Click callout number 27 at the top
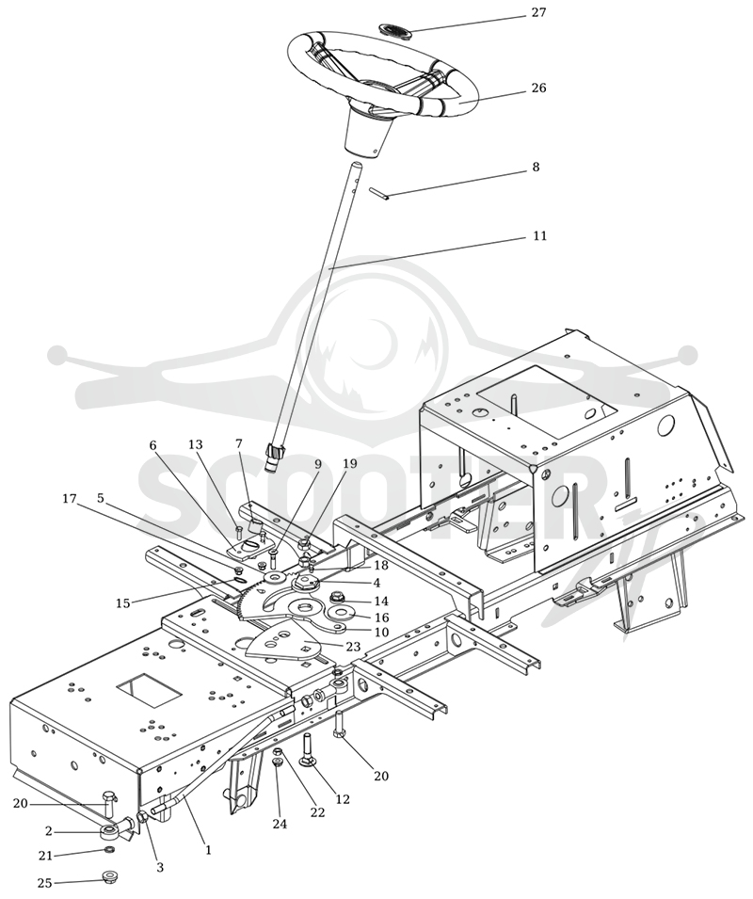[538, 12]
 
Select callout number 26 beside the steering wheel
[538, 88]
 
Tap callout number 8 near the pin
[536, 167]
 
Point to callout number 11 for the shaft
[540, 235]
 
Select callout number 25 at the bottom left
[44, 883]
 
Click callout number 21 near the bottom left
[45, 856]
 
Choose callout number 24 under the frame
[280, 824]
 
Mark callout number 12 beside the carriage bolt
[342, 798]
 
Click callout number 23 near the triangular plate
[353, 646]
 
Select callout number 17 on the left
[70, 499]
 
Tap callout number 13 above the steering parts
[196, 445]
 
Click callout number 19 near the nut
[349, 463]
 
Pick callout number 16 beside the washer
[381, 618]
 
